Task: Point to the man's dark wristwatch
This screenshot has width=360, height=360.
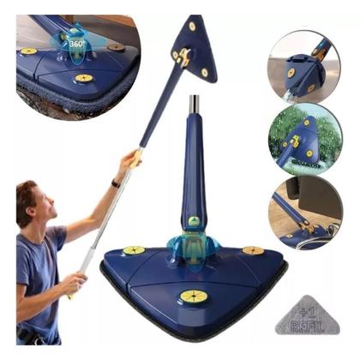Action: (x=115, y=183)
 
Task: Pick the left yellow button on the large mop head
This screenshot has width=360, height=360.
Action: (x=135, y=250)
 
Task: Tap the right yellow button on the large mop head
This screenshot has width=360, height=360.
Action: (x=253, y=250)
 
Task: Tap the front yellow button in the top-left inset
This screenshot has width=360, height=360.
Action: (x=83, y=79)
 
